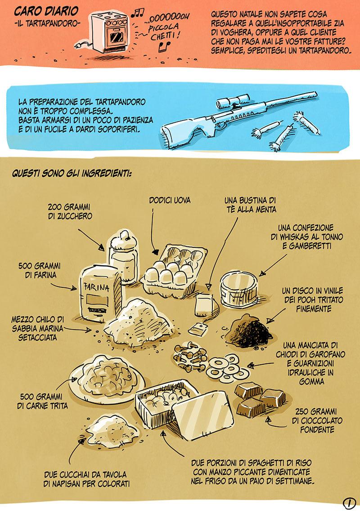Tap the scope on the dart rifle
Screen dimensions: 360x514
click(234, 101)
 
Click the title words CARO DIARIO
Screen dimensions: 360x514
click(46, 12)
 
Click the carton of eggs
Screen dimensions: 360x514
click(174, 270)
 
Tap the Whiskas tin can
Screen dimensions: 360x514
click(239, 291)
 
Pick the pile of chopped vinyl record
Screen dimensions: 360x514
click(249, 331)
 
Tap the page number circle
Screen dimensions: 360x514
click(349, 503)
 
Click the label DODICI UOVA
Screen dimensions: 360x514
click(170, 200)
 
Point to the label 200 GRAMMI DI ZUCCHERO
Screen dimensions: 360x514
click(70, 211)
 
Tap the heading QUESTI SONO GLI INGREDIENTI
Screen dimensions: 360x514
click(72, 173)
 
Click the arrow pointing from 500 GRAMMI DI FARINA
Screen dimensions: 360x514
click(63, 287)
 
